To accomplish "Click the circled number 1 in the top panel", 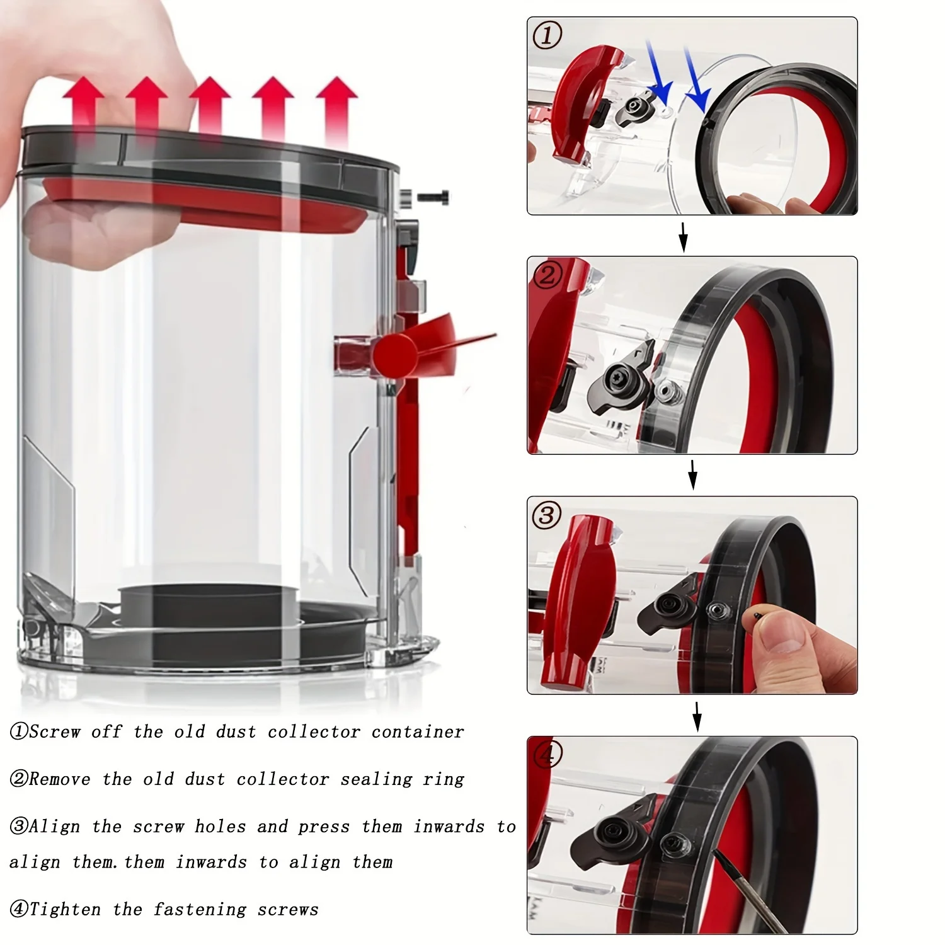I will click(547, 35).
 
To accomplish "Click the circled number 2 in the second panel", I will click(547, 275).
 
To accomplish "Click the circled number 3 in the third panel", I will click(546, 516).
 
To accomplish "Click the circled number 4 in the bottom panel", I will click(547, 755).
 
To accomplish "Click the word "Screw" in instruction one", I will click(55, 732).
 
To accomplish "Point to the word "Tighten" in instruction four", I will click(65, 910).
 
